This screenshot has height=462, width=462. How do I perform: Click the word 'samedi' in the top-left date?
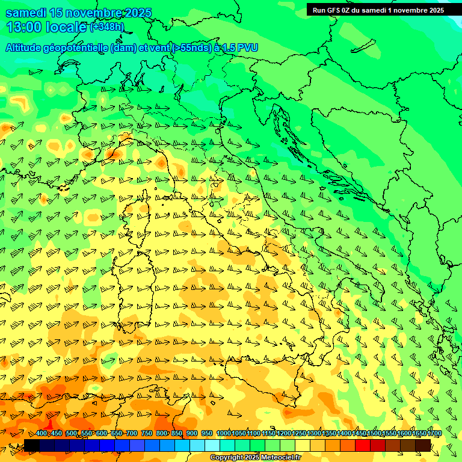23,13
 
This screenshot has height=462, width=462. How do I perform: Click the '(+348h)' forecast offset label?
106,27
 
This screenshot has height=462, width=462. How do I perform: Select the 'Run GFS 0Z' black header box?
378,10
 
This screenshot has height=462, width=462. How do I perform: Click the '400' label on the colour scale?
41,434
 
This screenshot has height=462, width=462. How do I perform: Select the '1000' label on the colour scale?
223,434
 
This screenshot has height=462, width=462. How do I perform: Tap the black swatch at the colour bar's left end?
32,445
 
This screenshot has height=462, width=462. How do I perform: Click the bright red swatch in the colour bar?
363,445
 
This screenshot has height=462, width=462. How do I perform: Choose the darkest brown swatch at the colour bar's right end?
423,445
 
